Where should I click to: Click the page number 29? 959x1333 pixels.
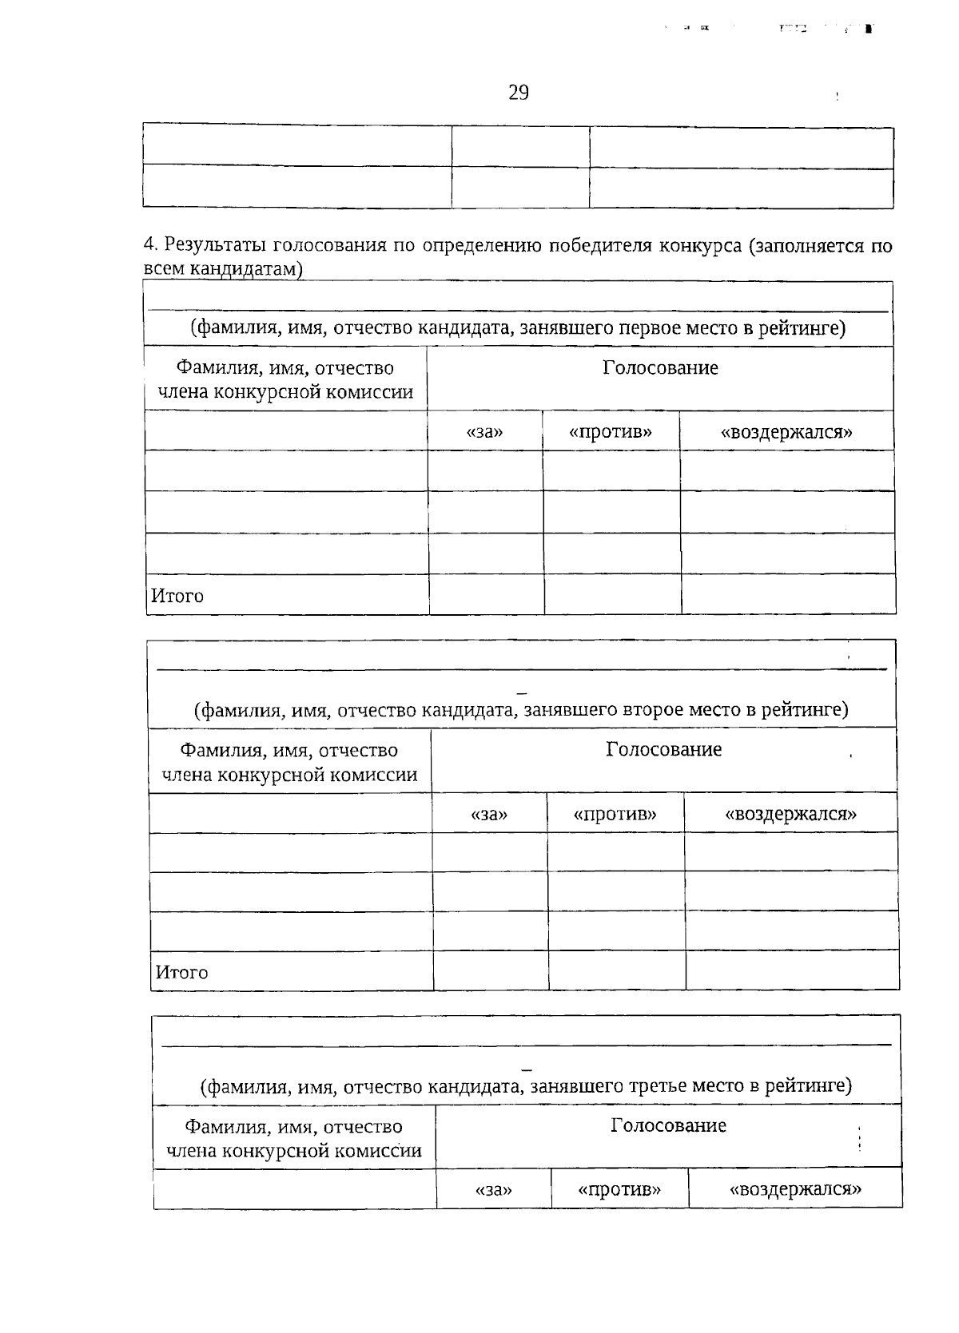pos(518,93)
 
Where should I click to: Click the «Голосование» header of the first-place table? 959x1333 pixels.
pos(660,368)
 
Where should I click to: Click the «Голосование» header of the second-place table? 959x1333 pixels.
pos(663,750)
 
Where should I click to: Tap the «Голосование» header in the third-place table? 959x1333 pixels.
pos(668,1126)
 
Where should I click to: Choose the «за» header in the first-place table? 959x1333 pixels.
pos(485,432)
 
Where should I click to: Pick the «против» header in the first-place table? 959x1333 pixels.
pos(611,432)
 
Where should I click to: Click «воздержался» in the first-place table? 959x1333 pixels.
pos(786,432)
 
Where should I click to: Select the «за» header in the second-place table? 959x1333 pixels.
pos(489,815)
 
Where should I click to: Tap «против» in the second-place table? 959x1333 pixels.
pos(615,815)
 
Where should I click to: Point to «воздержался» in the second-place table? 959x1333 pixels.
pos(790,815)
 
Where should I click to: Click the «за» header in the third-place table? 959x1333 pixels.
pos(493,1190)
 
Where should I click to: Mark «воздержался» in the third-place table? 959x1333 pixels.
pos(795,1190)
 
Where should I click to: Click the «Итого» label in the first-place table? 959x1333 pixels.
pos(177,597)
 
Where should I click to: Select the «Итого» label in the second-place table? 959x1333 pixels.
pos(181,973)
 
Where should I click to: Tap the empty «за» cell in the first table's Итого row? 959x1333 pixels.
pos(487,595)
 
